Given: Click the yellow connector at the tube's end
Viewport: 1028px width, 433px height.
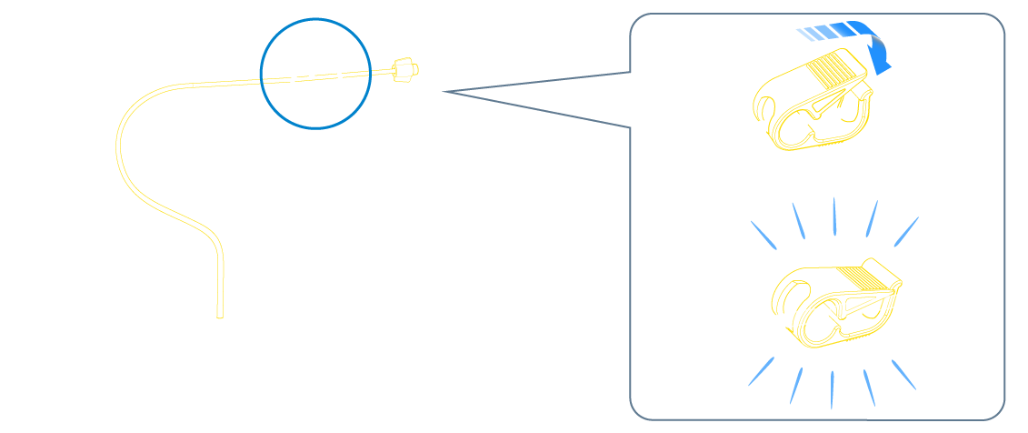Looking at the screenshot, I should [406, 69].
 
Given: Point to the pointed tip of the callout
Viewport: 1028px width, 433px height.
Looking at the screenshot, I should [445, 91].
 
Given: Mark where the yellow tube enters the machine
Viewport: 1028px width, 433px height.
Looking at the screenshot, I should [219, 315].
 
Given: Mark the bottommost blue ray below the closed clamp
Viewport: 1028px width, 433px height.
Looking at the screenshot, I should [833, 389].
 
